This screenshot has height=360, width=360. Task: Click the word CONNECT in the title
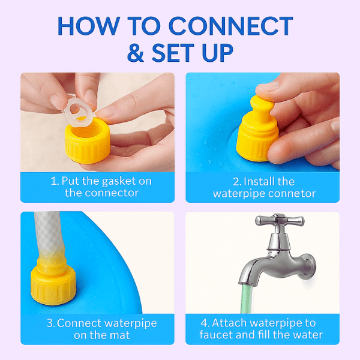point(231,26)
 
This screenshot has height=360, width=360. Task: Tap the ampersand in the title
point(136,53)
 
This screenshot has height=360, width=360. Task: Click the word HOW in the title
point(89,26)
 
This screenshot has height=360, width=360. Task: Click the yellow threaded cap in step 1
point(88,140)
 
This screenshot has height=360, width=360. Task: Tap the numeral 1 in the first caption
point(54,181)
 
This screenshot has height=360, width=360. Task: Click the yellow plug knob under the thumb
point(262,107)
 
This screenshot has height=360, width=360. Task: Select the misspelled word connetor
point(292,194)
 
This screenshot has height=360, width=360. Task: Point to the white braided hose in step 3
point(49,232)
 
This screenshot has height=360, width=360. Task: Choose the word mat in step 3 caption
point(120,335)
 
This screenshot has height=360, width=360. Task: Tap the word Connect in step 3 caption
point(79,323)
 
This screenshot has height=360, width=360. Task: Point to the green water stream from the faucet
point(247,299)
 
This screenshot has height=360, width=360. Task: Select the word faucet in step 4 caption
point(216,335)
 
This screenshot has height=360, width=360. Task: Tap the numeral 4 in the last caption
point(204,323)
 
